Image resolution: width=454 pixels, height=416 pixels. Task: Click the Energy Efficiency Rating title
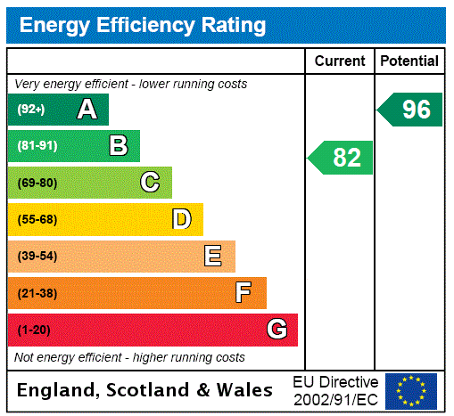pos(143,25)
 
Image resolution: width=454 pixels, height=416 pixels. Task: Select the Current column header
pos(340,61)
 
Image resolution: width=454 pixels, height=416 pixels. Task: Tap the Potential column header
pos(409,61)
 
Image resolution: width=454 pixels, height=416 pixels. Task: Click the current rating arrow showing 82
pos(342,158)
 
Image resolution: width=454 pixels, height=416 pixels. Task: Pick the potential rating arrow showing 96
pos(411,110)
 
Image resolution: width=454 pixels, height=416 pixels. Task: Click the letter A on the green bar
pos(87,110)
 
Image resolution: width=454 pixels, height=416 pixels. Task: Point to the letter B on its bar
pos(119,146)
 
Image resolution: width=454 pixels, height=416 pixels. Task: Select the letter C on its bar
pos(150,183)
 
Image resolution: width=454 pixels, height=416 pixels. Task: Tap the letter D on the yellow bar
pos(181,219)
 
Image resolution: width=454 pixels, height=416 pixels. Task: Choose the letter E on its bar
pos(212,257)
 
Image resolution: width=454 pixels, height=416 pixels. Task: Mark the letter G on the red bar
pos(277,330)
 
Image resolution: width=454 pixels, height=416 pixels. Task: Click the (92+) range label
pos(31,110)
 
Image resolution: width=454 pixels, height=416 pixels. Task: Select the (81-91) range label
pos(37,146)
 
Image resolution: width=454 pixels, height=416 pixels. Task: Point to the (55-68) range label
pos(37,219)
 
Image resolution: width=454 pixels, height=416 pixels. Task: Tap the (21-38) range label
pos(37,293)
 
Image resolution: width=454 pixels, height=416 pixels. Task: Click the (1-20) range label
pos(34,330)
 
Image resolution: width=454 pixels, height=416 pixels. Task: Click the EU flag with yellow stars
pos(411,391)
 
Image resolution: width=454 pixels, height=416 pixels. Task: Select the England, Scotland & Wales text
pos(145,390)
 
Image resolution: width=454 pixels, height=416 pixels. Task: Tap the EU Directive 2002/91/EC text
pos(335,390)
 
